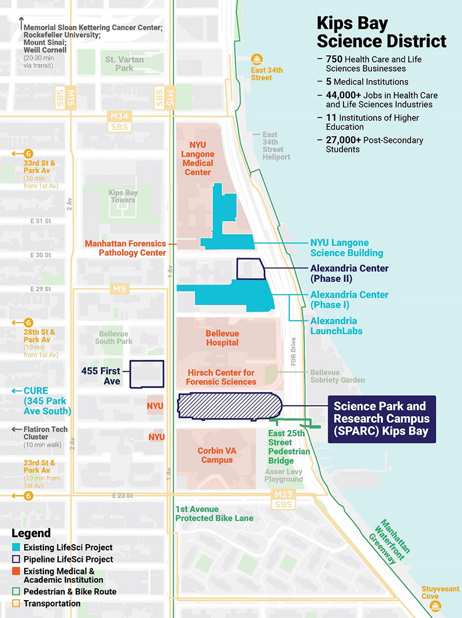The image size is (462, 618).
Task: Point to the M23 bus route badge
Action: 284,500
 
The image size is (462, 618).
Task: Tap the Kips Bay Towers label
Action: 122,196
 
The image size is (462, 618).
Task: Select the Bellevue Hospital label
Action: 222,338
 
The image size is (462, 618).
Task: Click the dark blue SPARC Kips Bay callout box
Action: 381,419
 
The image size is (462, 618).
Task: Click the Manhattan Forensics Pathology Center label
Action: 125,248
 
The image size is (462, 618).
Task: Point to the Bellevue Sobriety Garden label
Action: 337,376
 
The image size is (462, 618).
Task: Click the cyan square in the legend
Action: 16,547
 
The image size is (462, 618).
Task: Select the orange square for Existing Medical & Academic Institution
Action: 16,571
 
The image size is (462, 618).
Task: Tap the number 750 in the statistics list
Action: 334,59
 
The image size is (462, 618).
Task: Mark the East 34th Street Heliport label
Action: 277,146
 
